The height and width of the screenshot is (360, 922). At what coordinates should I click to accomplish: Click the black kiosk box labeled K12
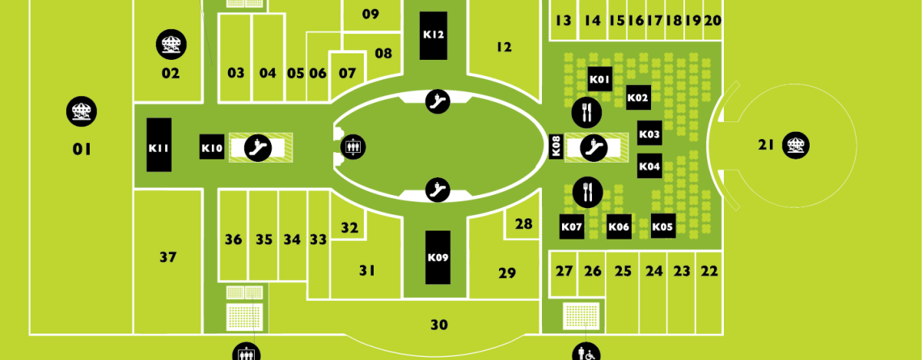click(434, 36)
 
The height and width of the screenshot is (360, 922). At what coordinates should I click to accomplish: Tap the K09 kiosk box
click(438, 257)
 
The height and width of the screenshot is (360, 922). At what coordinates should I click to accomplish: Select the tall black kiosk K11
click(159, 145)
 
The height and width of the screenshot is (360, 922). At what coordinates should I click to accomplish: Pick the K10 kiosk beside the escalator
click(212, 147)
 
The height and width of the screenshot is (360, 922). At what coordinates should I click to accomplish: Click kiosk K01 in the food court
click(600, 78)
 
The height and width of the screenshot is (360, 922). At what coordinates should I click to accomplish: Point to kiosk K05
click(663, 226)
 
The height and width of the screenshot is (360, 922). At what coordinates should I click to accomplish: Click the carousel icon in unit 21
click(796, 146)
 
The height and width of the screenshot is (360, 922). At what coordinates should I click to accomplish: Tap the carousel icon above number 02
click(171, 44)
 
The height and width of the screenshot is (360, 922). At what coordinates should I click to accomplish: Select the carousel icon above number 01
click(82, 111)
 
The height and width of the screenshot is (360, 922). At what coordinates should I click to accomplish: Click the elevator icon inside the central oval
click(353, 147)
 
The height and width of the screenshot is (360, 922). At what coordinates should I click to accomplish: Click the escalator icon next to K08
click(594, 147)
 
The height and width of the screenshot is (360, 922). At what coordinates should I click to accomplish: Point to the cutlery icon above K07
click(587, 193)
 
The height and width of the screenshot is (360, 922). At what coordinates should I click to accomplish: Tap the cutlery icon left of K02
click(587, 111)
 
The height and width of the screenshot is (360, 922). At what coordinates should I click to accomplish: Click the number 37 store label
click(168, 257)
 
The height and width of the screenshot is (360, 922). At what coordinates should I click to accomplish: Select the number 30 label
click(439, 324)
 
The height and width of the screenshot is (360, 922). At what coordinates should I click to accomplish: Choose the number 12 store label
click(504, 47)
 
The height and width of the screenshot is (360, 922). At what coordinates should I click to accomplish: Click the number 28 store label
click(523, 224)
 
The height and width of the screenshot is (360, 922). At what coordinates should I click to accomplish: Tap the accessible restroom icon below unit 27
click(586, 353)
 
